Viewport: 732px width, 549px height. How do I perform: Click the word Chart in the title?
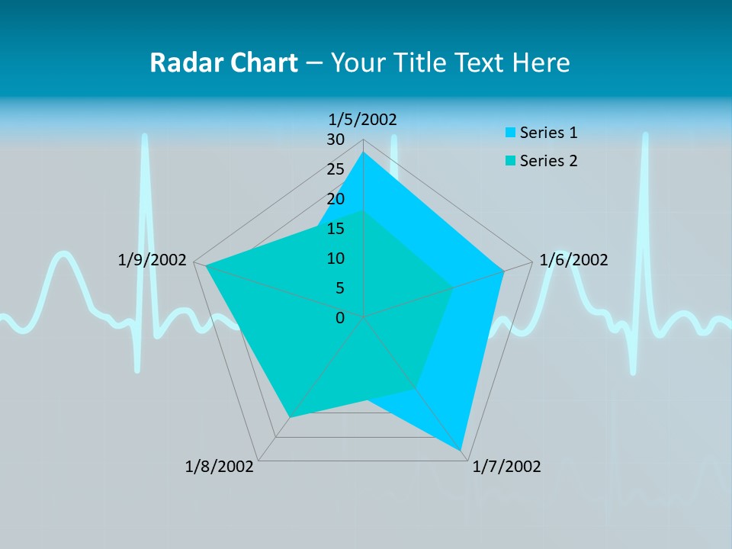(256, 63)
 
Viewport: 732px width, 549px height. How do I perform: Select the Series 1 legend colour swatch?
(510, 133)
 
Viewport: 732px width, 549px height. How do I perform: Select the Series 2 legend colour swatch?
(510, 161)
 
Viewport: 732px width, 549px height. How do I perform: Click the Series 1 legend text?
(548, 133)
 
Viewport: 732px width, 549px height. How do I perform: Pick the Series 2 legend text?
(548, 161)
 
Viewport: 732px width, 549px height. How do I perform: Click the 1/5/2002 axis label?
(363, 119)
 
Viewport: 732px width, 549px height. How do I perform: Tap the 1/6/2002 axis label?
(573, 260)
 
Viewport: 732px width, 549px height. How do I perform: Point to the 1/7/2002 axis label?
(506, 467)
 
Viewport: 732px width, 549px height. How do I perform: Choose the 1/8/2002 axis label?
(220, 467)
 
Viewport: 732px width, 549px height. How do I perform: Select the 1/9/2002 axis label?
(152, 260)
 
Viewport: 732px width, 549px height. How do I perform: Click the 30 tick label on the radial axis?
(335, 140)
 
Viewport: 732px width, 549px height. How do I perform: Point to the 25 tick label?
(335, 169)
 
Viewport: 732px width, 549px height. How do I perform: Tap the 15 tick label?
(335, 229)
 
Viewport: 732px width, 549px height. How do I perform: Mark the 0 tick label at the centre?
(340, 318)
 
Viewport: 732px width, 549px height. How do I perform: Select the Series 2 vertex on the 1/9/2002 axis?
(206, 265)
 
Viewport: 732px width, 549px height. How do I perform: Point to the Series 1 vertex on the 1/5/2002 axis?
(364, 152)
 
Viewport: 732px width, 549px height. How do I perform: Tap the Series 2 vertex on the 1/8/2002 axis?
(289, 417)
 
